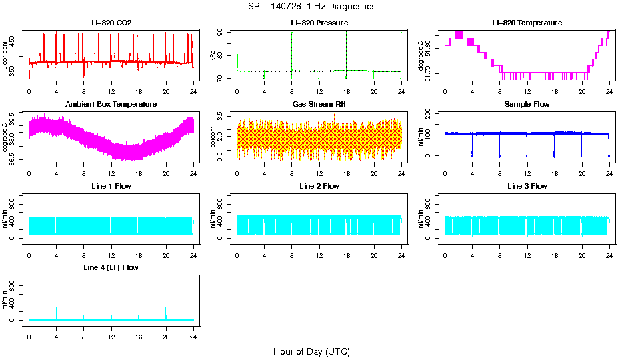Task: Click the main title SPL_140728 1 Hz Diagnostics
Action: pos(311,7)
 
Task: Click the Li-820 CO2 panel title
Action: pos(111,23)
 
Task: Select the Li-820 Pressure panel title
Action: pos(319,23)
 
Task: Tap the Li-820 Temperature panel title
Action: pos(527,23)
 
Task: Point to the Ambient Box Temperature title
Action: pos(111,105)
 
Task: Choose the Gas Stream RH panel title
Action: pos(319,105)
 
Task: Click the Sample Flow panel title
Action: pos(527,105)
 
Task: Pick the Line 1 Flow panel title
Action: pos(111,186)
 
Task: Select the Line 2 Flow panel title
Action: pos(319,186)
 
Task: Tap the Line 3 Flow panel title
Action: pos(527,186)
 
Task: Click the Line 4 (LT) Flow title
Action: pos(111,267)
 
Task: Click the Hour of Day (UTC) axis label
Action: pos(311,351)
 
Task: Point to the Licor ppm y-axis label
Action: pos(5,55)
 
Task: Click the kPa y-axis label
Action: pos(213,56)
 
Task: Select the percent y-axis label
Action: pos(213,137)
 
